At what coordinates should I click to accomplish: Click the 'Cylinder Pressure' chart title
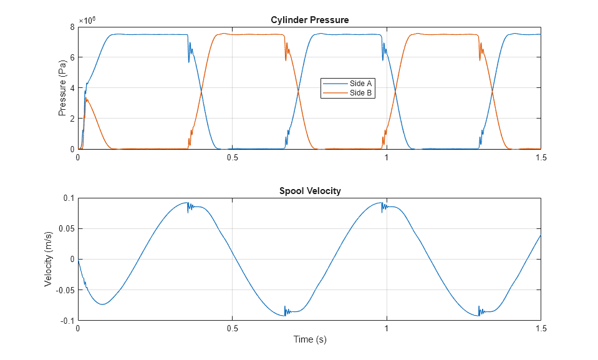click(309, 20)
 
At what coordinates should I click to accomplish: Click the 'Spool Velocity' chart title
click(309, 191)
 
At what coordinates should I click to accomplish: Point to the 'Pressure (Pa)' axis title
click(62, 88)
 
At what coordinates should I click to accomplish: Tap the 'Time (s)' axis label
click(309, 340)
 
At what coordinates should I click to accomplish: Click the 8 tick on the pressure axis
click(72, 27)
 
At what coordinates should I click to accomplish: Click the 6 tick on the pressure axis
click(72, 57)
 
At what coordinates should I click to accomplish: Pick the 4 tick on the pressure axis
click(72, 88)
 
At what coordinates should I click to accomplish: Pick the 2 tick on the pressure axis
click(72, 119)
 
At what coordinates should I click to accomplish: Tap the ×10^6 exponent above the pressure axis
click(87, 20)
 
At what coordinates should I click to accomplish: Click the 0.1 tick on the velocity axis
click(67, 198)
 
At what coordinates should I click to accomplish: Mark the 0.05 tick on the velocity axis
click(65, 228)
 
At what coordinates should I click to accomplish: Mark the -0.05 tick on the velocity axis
click(64, 290)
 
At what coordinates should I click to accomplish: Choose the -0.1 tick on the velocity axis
click(66, 321)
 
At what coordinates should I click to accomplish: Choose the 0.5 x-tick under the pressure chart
click(233, 158)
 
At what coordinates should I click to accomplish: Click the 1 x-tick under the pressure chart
click(387, 158)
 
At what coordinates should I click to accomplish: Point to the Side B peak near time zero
click(86, 99)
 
